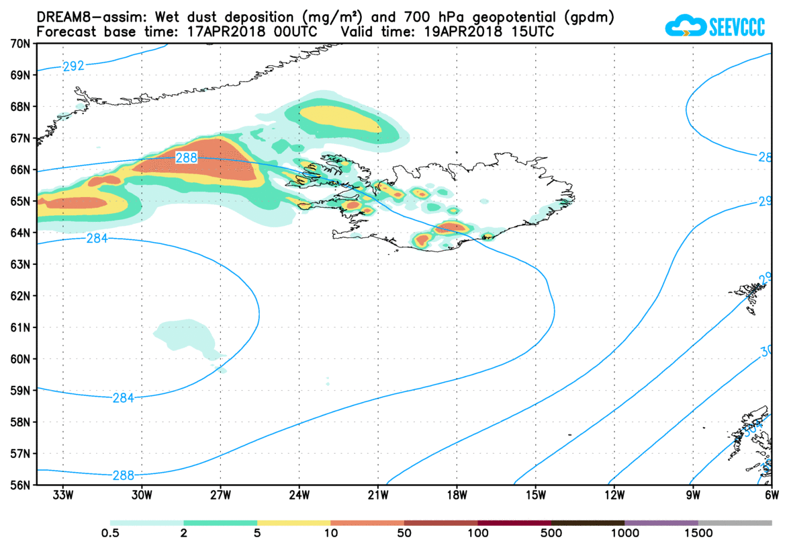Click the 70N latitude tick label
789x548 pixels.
tap(19, 43)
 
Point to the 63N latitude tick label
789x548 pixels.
tap(19, 264)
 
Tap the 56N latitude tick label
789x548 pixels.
tap(19, 485)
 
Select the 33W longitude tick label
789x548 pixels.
tap(62, 496)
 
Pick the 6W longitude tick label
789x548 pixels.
tap(772, 496)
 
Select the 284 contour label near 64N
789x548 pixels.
tap(97, 238)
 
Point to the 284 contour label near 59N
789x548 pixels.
tap(123, 397)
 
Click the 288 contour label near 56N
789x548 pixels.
tap(123, 475)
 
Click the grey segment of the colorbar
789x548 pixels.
tap(735, 522)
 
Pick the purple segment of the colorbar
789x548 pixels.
tap(661, 522)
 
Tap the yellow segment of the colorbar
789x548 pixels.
tap(294, 522)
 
